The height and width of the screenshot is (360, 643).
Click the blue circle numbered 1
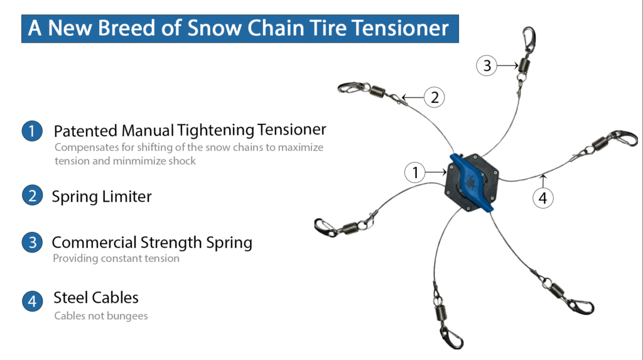[x=32, y=131]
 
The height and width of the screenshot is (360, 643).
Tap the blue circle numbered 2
[x=32, y=195]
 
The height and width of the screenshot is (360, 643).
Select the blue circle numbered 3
[x=32, y=242]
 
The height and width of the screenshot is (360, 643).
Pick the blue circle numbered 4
[x=32, y=302]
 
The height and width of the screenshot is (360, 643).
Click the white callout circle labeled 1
[x=415, y=172]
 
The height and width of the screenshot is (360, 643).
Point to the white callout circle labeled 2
[x=435, y=97]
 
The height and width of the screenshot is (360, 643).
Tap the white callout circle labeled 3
[x=487, y=65]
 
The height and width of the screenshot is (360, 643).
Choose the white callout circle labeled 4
[x=543, y=198]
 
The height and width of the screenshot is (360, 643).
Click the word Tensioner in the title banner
[x=400, y=28]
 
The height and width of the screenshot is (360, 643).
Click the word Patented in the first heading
[x=85, y=131]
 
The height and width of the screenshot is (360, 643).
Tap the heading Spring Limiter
[x=102, y=196]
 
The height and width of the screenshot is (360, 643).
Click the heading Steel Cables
[x=96, y=298]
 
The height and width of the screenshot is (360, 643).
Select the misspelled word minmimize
[x=139, y=161]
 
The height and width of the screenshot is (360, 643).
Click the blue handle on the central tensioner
[x=472, y=183]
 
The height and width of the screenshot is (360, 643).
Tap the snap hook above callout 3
[x=529, y=40]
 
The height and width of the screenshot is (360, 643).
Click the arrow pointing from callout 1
[x=436, y=172]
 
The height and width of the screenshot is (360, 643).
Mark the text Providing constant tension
[x=116, y=258]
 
